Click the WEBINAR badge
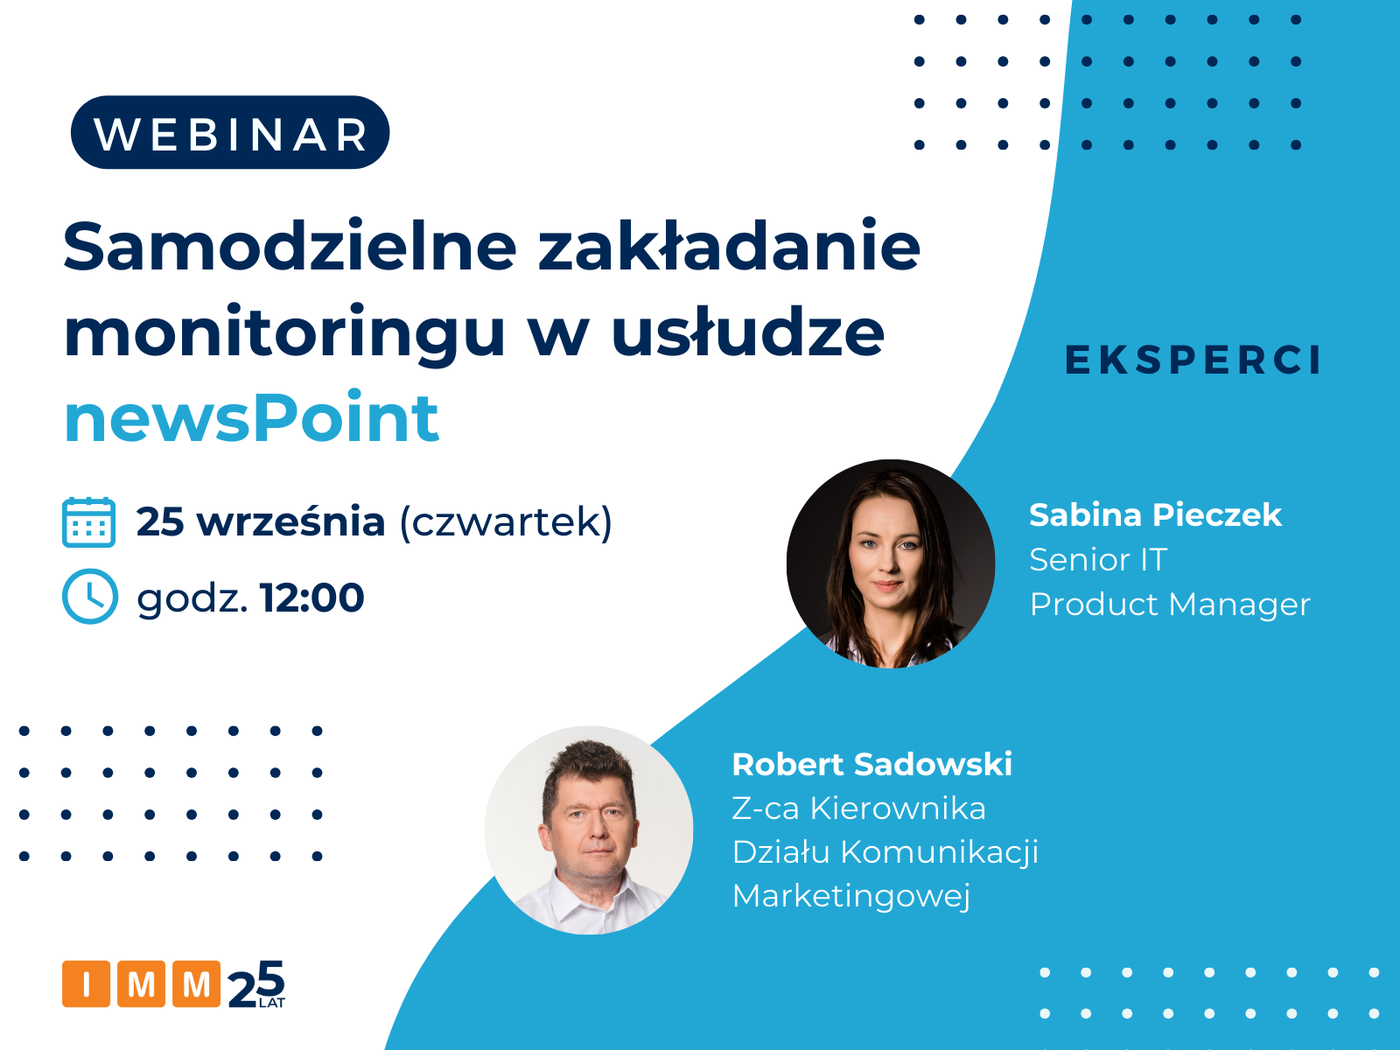tap(229, 133)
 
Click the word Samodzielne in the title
tap(290, 246)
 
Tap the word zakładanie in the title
tap(730, 246)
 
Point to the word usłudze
tap(748, 332)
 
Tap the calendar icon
tap(88, 522)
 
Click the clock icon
tap(90, 596)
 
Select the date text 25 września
tap(261, 522)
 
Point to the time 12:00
tap(311, 598)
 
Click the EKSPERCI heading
tap(1193, 360)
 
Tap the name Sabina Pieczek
tap(1155, 515)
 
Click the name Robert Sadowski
tap(871, 765)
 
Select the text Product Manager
tap(1170, 605)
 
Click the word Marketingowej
tap(850, 896)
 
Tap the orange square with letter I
tap(86, 983)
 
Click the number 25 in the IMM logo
tap(256, 983)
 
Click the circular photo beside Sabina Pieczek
tap(891, 563)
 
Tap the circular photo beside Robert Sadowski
tap(589, 830)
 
